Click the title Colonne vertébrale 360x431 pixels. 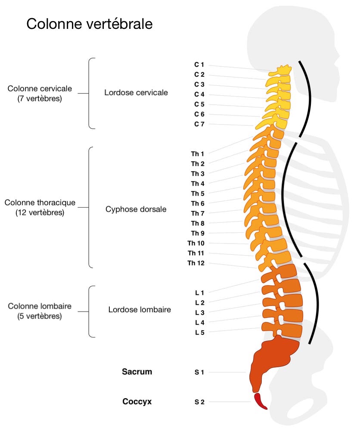tap(89, 24)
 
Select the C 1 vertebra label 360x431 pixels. tap(199, 65)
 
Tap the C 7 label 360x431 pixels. tap(199, 124)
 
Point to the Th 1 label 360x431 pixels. tap(198, 153)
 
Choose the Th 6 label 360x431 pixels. tap(198, 203)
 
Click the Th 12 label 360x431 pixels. tap(196, 263)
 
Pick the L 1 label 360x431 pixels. tap(199, 293)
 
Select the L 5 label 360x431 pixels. tap(199, 332)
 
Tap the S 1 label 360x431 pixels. tap(199, 372)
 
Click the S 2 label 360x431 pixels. tap(199, 402)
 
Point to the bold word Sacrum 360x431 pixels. tap(137, 372)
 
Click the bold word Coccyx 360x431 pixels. tap(137, 402)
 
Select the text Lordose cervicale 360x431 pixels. tap(136, 93)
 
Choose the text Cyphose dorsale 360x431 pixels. tap(136, 209)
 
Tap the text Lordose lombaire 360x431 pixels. tap(140, 309)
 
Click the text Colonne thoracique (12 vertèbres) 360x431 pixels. tap(40, 207)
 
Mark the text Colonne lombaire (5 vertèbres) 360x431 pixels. tap(40, 311)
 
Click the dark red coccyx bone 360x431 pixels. tap(260, 401)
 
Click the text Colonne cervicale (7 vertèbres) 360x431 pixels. tap(40, 94)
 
